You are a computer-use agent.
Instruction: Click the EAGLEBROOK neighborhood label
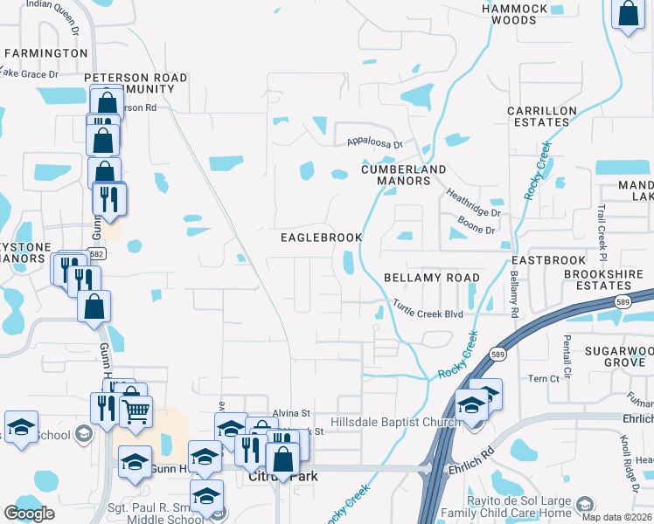tap(321, 238)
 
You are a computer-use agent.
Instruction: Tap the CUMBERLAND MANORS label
tap(404, 175)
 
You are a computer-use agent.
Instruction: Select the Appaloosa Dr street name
tap(373, 143)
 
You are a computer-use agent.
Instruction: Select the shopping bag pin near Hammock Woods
tap(629, 14)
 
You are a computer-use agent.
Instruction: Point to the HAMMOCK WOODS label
tap(514, 14)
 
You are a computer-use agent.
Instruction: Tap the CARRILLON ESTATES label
tap(542, 116)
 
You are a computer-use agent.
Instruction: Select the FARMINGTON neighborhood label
tap(46, 53)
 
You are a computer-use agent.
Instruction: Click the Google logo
tap(29, 513)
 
